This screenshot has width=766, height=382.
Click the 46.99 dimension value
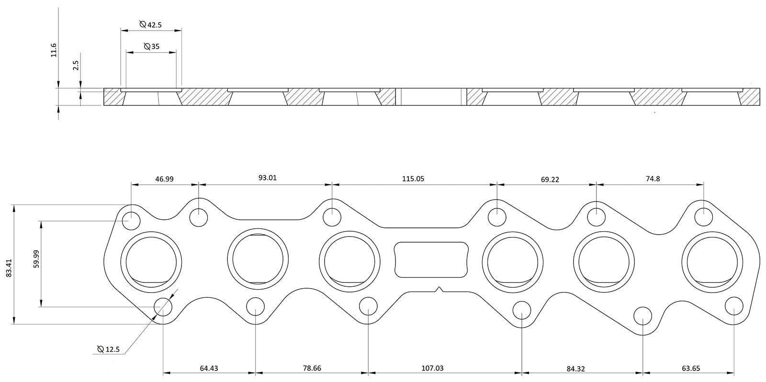(x=164, y=179)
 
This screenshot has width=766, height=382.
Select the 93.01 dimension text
(x=268, y=178)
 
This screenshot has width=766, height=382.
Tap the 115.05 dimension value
(x=413, y=179)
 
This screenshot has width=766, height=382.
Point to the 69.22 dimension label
(x=550, y=180)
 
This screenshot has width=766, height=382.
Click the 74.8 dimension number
(x=653, y=179)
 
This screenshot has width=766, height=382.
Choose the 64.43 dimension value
(x=209, y=368)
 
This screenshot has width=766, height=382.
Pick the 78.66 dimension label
(x=312, y=368)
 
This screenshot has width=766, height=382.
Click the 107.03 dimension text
(x=432, y=368)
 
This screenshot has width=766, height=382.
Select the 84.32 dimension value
(x=575, y=369)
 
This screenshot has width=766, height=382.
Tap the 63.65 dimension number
(x=691, y=368)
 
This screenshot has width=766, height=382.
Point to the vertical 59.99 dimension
(x=36, y=264)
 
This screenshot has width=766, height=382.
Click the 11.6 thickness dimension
(x=54, y=50)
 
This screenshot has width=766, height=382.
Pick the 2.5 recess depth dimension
(x=76, y=66)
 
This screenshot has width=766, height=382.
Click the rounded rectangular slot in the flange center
(x=430, y=259)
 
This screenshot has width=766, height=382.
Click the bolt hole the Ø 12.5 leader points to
(x=163, y=306)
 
